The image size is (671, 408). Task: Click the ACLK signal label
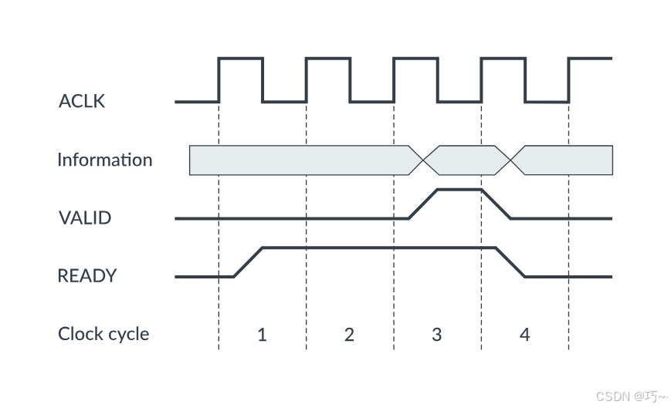pyautogui.click(x=82, y=101)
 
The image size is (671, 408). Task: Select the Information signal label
pyautogui.click(x=105, y=160)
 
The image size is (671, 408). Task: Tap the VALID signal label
pyautogui.click(x=85, y=218)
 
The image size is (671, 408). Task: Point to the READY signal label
pyautogui.click(x=87, y=275)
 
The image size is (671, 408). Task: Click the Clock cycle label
pyautogui.click(x=103, y=334)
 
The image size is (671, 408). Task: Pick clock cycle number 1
pyautogui.click(x=262, y=335)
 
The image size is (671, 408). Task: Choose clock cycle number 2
pyautogui.click(x=349, y=335)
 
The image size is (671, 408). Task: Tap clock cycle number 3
pyautogui.click(x=437, y=335)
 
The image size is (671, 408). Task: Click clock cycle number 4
pyautogui.click(x=525, y=335)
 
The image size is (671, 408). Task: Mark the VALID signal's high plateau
pyautogui.click(x=459, y=189)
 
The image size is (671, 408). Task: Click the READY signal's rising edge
pyautogui.click(x=248, y=262)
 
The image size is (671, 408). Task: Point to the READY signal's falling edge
pyautogui.click(x=510, y=262)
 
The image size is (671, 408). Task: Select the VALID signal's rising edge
pyautogui.click(x=423, y=204)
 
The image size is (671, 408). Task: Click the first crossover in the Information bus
pyautogui.click(x=423, y=160)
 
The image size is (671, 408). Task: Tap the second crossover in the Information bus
pyautogui.click(x=510, y=160)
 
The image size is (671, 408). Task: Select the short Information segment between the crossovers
pyautogui.click(x=466, y=160)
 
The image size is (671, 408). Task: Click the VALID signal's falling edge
pyautogui.click(x=496, y=204)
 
